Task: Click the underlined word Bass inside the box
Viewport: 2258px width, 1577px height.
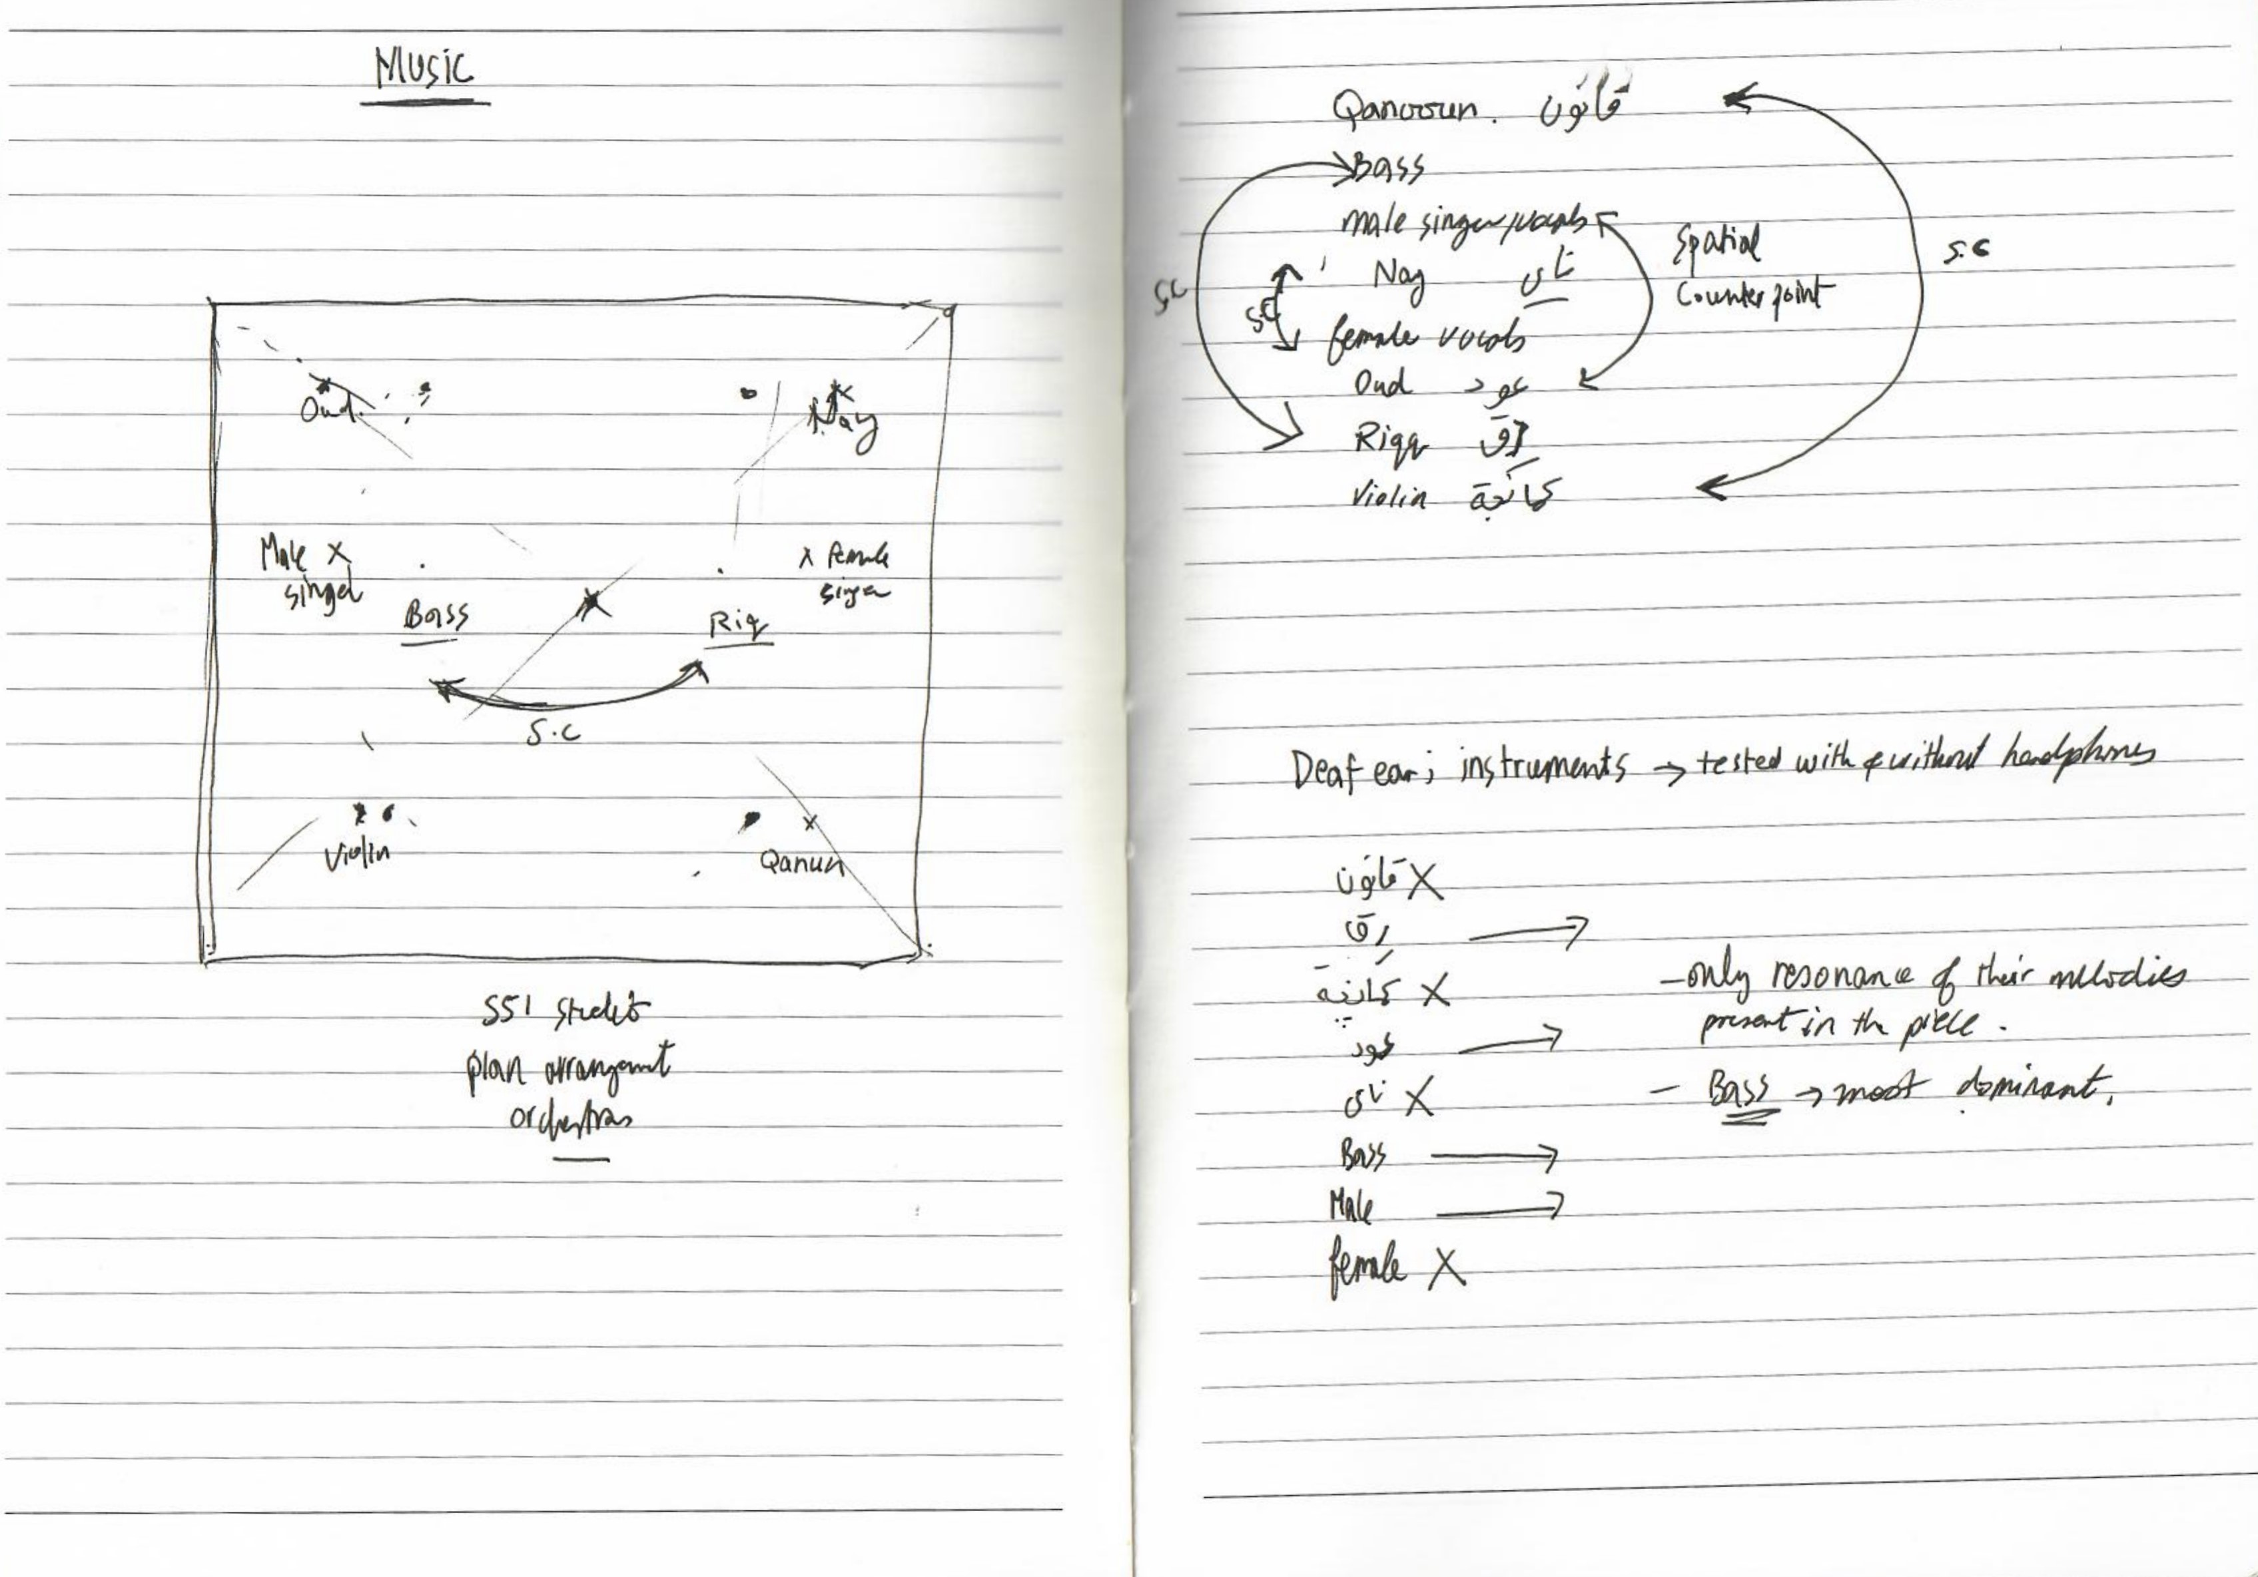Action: point(436,616)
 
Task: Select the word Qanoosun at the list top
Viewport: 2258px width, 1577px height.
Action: point(1404,107)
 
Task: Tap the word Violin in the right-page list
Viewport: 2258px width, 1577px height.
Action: point(1389,497)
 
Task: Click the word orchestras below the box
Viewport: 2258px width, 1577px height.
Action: point(570,1119)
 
